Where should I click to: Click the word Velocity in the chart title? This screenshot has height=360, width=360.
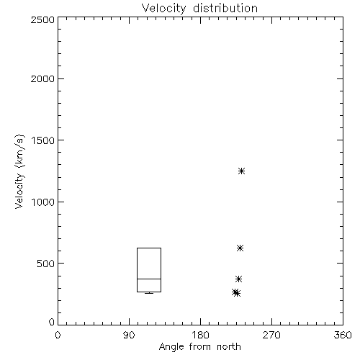pos(164,9)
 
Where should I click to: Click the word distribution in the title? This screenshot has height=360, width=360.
pos(225,8)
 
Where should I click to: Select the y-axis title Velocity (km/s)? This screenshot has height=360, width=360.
pos(19,171)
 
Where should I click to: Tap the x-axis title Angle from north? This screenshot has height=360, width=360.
pos(199,347)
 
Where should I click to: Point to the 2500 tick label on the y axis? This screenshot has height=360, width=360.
pos(42,19)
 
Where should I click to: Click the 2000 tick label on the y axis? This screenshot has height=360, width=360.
pos(42,78)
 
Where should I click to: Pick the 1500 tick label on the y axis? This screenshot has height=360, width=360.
pos(43,140)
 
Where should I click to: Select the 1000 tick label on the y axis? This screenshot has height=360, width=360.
pos(43,202)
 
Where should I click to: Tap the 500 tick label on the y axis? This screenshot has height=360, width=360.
pos(46,264)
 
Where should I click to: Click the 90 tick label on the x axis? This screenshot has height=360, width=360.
pos(129,335)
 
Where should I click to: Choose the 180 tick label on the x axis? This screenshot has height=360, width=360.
pos(200,335)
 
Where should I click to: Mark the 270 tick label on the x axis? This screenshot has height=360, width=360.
pos(271,335)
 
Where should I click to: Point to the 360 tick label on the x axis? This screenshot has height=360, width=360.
pos(343,335)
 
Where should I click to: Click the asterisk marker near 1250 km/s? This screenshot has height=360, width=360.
pos(241,171)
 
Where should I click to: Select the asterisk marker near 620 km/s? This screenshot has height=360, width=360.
pos(240,248)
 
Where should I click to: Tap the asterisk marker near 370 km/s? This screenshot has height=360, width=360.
pos(238,279)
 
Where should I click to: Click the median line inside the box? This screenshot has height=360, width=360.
pos(149,279)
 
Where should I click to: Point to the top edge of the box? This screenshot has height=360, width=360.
pos(149,248)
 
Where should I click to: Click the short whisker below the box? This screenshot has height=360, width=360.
pos(149,293)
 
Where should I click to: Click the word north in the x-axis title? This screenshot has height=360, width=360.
pos(229,347)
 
